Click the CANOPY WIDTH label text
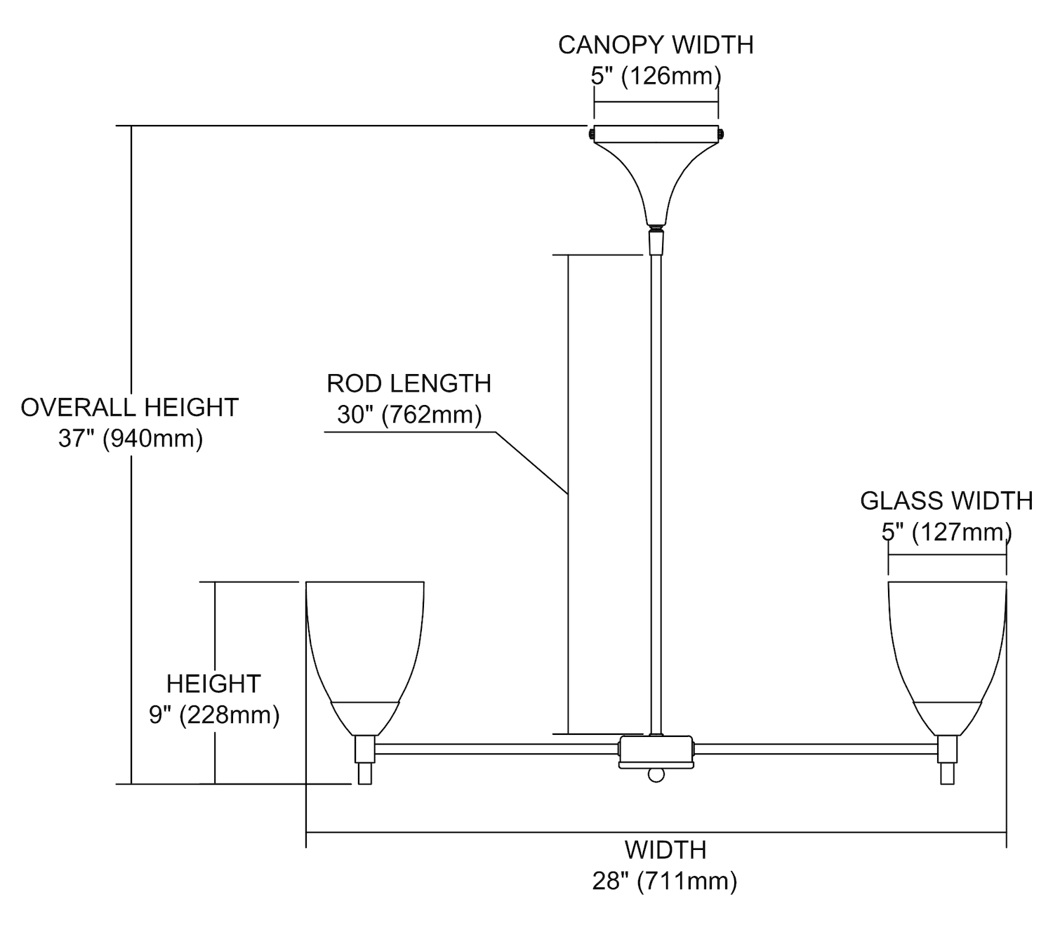pyautogui.click(x=656, y=45)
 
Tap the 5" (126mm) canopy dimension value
pyautogui.click(x=656, y=76)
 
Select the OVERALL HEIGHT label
pyautogui.click(x=130, y=408)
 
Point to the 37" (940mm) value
pyautogui.click(x=131, y=439)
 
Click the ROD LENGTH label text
pyautogui.click(x=409, y=384)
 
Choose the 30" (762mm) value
pyautogui.click(x=409, y=415)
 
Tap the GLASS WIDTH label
pyautogui.click(x=946, y=501)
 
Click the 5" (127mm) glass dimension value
pyautogui.click(x=946, y=533)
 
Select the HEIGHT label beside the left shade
pyautogui.click(x=213, y=684)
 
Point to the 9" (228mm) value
pyautogui.click(x=214, y=715)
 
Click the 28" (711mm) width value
pyautogui.click(x=665, y=881)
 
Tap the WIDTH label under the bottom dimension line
pyautogui.click(x=665, y=850)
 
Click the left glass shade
pyautogui.click(x=365, y=646)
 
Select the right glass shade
pyautogui.click(x=947, y=646)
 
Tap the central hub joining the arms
pyautogui.click(x=656, y=751)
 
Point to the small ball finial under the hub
pyautogui.click(x=656, y=774)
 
